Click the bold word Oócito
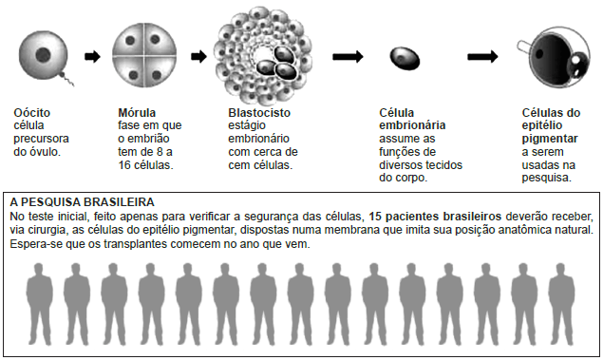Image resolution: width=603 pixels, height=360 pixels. click(31, 112)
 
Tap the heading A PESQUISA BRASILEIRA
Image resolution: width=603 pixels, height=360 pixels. click(81, 202)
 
